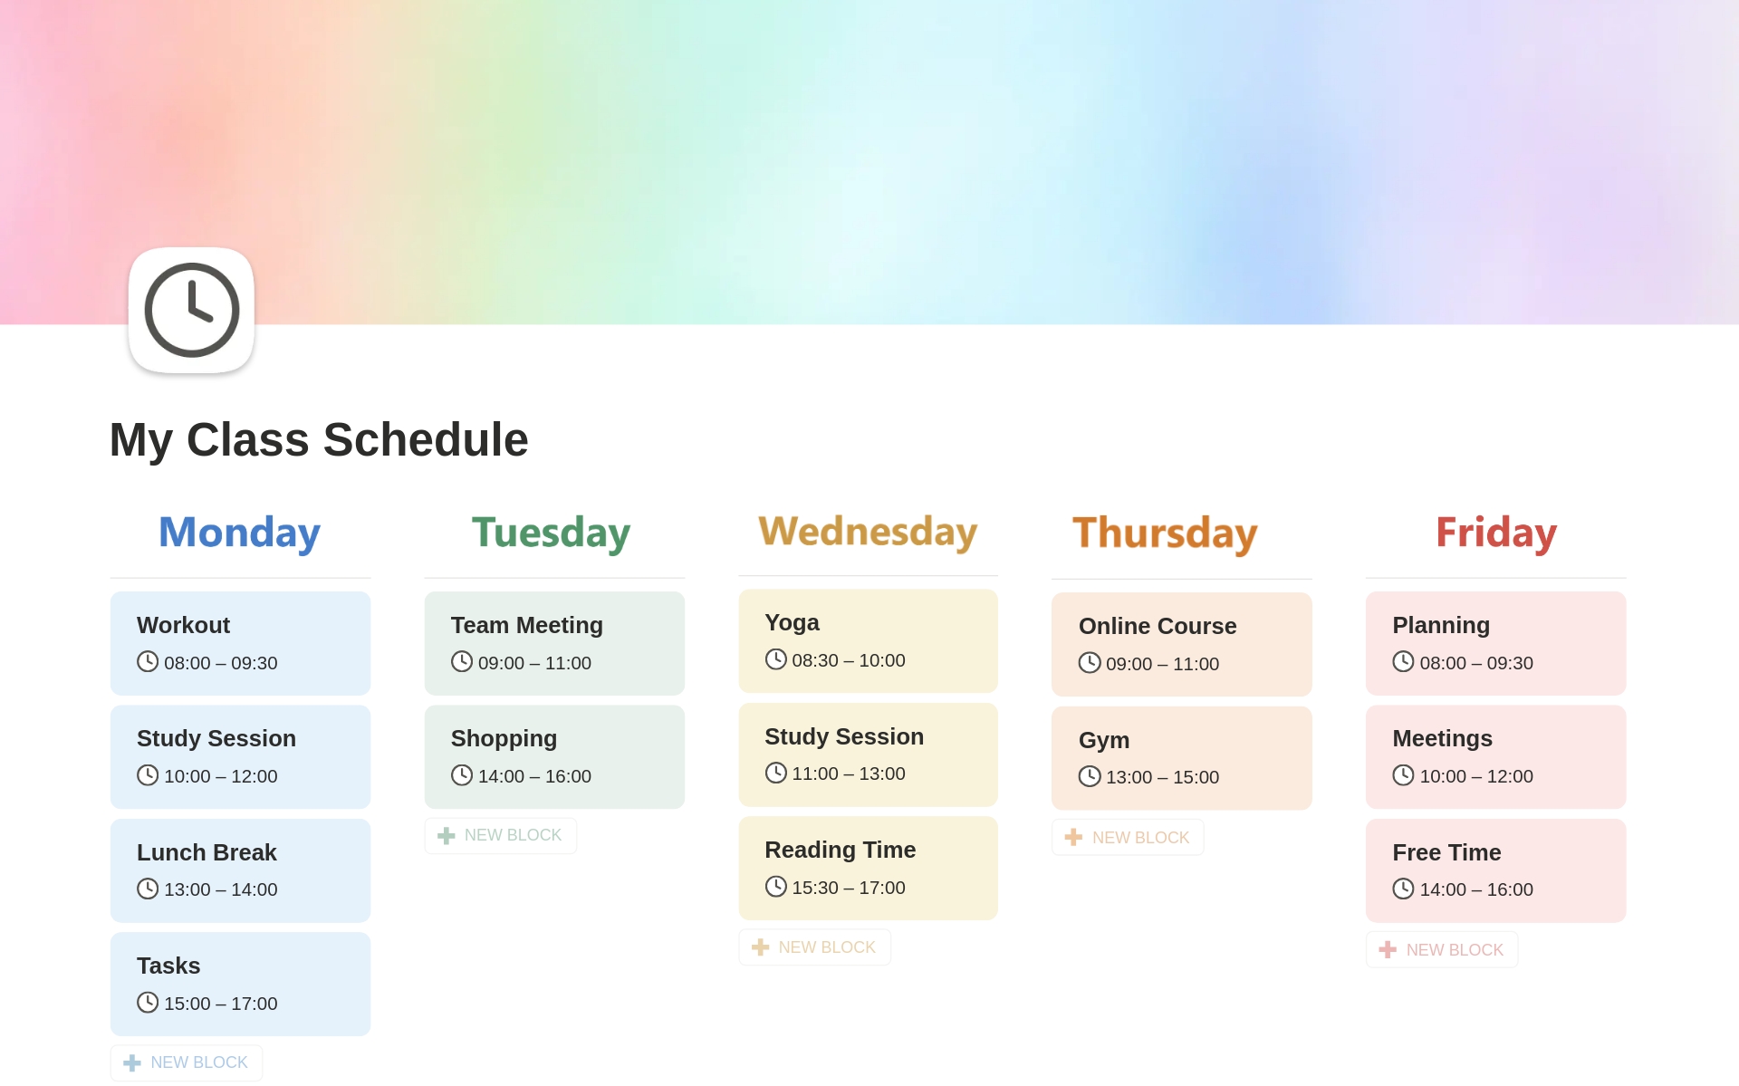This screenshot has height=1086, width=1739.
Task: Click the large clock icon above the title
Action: pyautogui.click(x=191, y=310)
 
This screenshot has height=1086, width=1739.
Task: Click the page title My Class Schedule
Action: pyautogui.click(x=319, y=440)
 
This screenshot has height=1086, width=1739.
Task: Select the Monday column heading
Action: pyautogui.click(x=239, y=533)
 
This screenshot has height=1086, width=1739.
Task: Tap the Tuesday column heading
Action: pyautogui.click(x=551, y=533)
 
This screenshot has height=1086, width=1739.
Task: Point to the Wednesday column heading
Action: pyautogui.click(x=868, y=532)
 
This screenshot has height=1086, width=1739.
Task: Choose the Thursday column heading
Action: pyautogui.click(x=1165, y=533)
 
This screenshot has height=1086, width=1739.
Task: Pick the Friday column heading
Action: pyautogui.click(x=1496, y=533)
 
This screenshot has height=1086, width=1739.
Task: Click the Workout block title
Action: pyautogui.click(x=183, y=625)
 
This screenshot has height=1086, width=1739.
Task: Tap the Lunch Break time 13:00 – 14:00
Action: pyautogui.click(x=220, y=889)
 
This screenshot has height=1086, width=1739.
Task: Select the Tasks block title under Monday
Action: pyautogui.click(x=168, y=966)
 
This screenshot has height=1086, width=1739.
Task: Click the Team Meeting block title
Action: pyautogui.click(x=526, y=625)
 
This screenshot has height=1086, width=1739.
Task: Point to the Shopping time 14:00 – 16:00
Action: pyautogui.click(x=534, y=776)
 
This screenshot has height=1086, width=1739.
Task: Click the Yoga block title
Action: pyautogui.click(x=792, y=623)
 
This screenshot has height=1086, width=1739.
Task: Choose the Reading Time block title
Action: pyautogui.click(x=840, y=850)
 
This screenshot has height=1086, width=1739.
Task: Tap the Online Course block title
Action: pyautogui.click(x=1158, y=626)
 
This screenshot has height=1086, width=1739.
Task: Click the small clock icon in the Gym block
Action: pyautogui.click(x=1090, y=776)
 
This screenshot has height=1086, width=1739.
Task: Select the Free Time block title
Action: pyautogui.click(x=1446, y=852)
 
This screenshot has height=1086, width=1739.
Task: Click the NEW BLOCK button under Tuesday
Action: pyautogui.click(x=500, y=835)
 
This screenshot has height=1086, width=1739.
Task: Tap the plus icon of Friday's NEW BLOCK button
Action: pyautogui.click(x=1387, y=949)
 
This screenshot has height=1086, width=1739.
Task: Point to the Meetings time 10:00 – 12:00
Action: pyautogui.click(x=1476, y=776)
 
